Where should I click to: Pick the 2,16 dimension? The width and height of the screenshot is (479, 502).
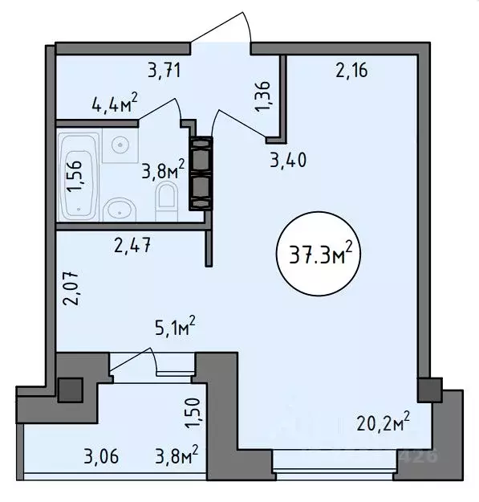(x=351, y=72)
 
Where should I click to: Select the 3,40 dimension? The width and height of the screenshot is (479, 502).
(x=289, y=161)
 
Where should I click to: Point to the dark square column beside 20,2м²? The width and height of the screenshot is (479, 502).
(x=429, y=392)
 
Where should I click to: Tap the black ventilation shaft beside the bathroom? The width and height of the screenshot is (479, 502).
(x=201, y=173)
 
